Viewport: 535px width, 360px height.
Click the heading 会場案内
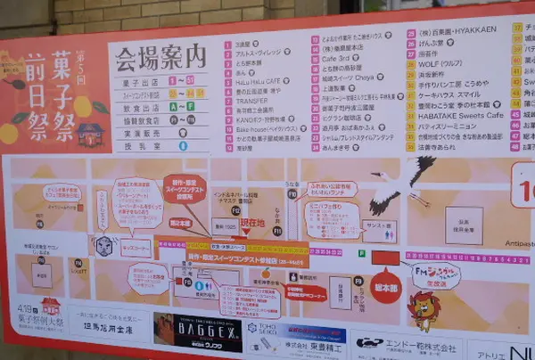(x=160, y=57)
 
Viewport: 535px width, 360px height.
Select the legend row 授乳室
(x=136, y=145)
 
